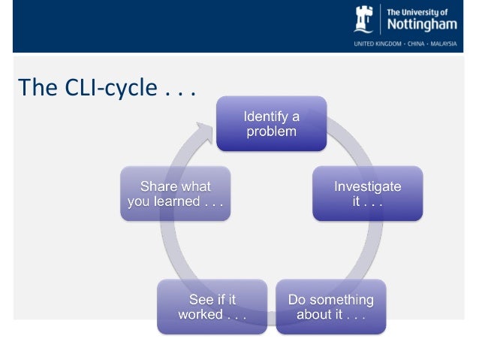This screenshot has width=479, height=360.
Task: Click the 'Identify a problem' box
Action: coord(272,123)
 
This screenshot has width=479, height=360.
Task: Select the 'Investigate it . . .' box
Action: coord(367,194)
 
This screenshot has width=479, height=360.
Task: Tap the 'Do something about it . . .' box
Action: coord(330,307)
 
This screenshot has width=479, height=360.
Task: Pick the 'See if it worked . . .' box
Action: coord(212,307)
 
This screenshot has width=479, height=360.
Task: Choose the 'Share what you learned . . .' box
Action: coord(176,194)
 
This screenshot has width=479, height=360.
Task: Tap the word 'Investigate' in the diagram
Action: coord(367,186)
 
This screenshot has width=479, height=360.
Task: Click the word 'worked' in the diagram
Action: coord(199,314)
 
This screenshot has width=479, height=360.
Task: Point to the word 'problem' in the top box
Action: coord(272,131)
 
